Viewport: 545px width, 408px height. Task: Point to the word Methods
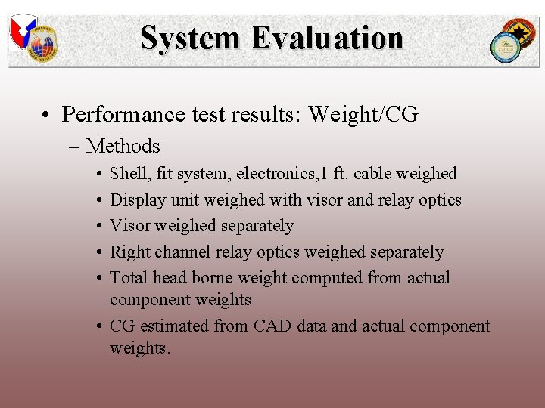coord(123,146)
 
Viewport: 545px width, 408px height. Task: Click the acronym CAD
coord(273,326)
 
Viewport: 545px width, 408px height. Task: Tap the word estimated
coord(172,326)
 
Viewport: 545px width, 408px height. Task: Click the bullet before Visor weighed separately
coord(100,226)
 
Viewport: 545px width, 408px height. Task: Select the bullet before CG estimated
coord(100,326)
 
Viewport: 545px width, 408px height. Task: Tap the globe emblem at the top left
coord(42,46)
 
